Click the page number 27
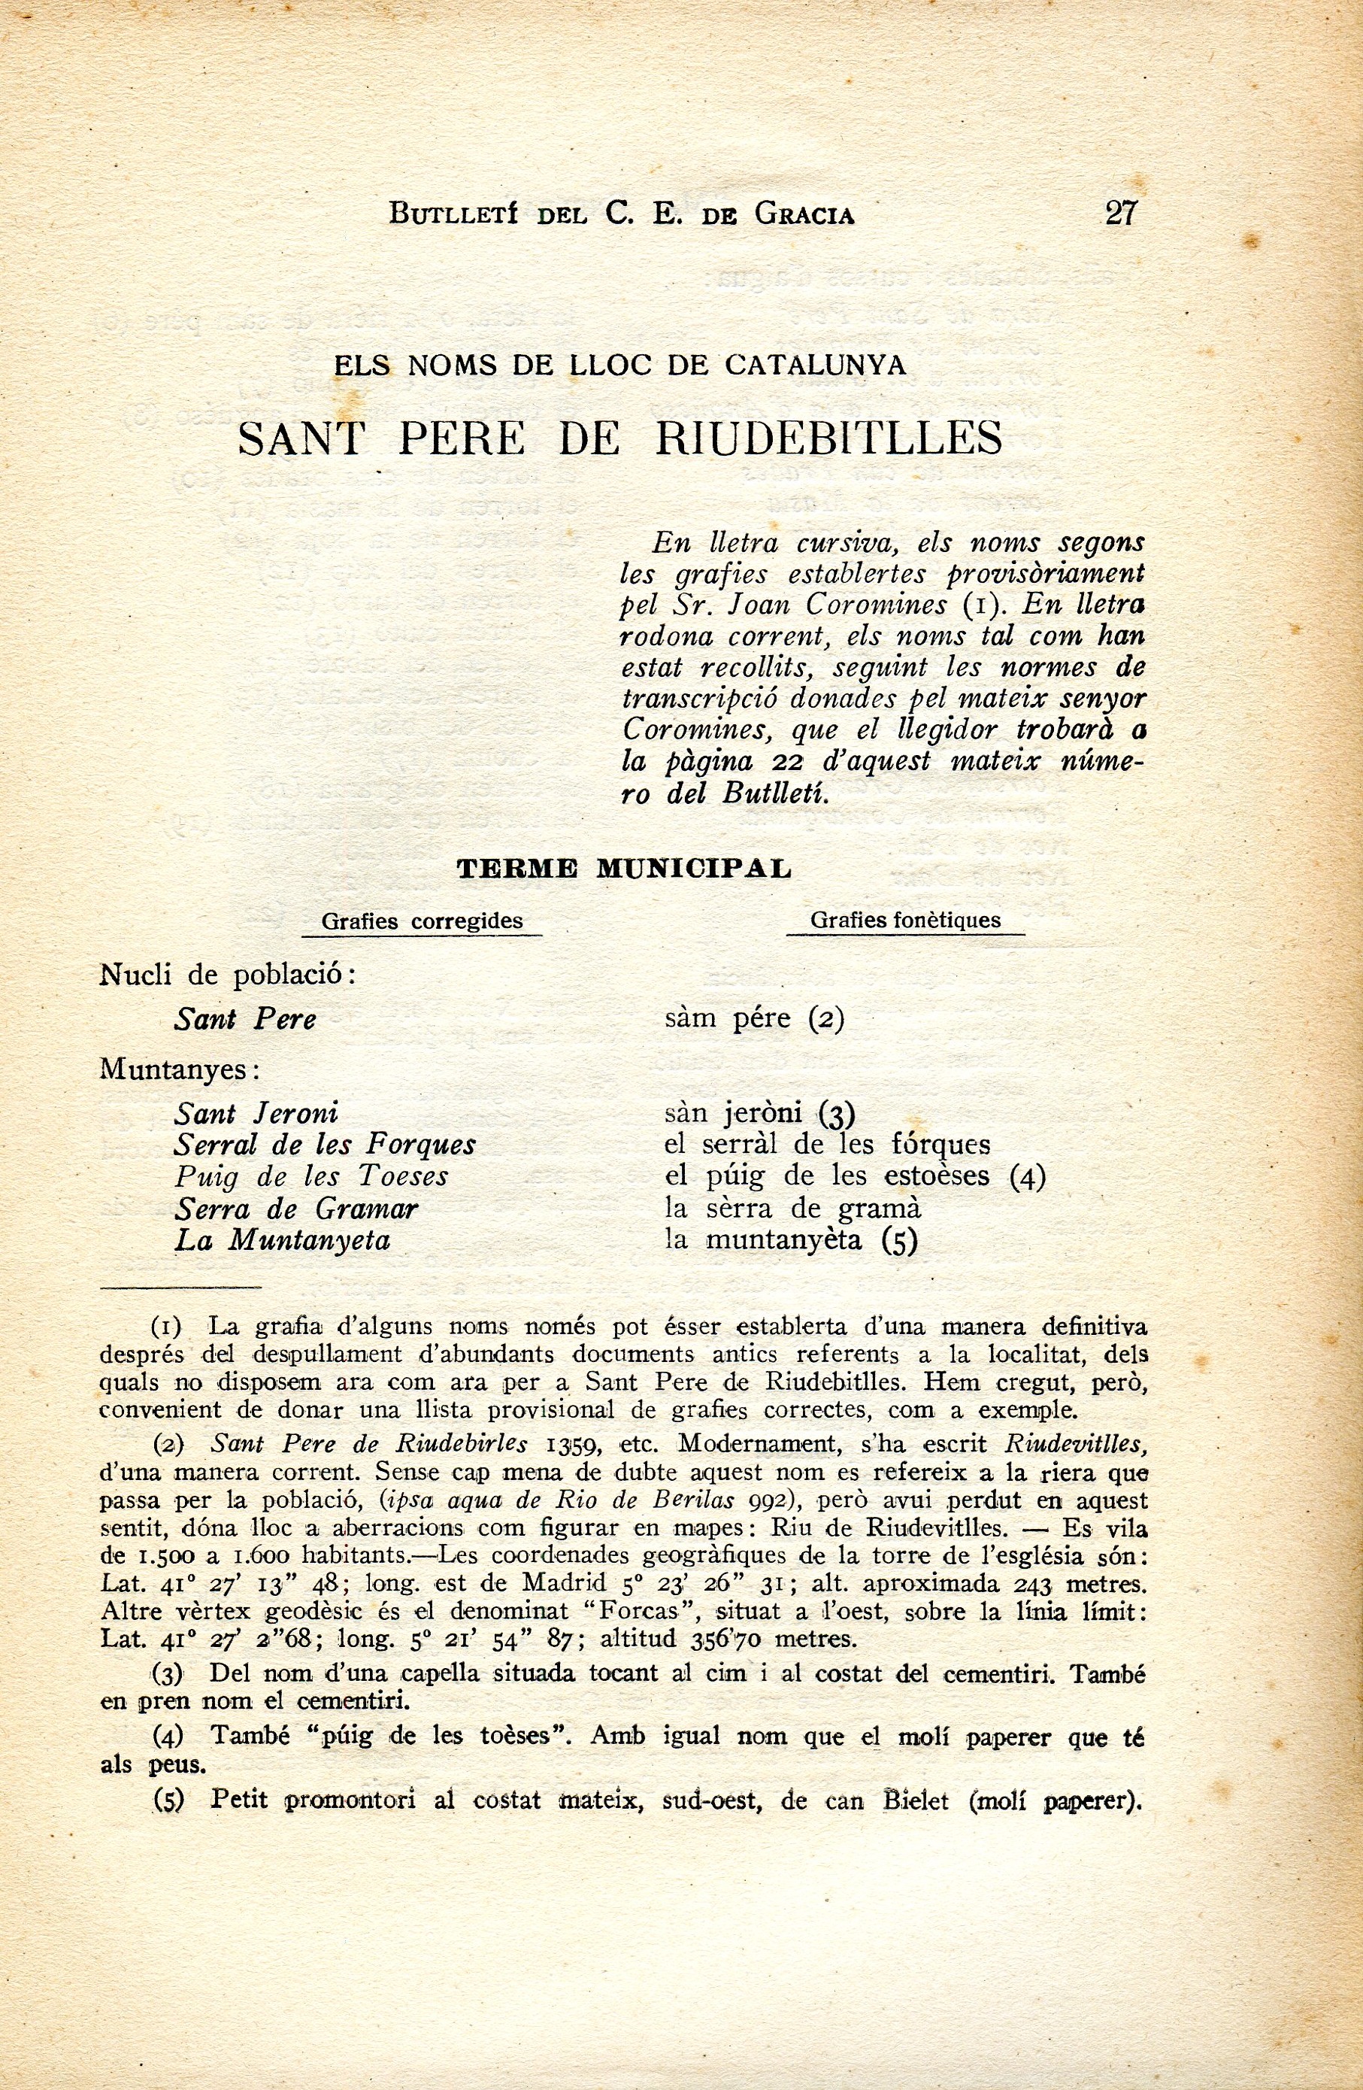pyautogui.click(x=1121, y=214)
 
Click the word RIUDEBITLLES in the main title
pyautogui.click(x=829, y=437)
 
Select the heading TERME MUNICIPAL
pyautogui.click(x=624, y=869)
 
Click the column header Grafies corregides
pyautogui.click(x=423, y=921)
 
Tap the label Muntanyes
pyautogui.click(x=179, y=1069)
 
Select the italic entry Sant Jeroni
pyautogui.click(x=256, y=1114)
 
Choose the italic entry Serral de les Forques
pyautogui.click(x=325, y=1145)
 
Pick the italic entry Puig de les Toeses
pyautogui.click(x=310, y=1177)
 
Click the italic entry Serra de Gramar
pyautogui.click(x=295, y=1209)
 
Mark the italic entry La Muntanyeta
pyautogui.click(x=282, y=1240)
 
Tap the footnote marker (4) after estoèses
pyautogui.click(x=1027, y=1177)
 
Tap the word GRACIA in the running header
pyautogui.click(x=803, y=215)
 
